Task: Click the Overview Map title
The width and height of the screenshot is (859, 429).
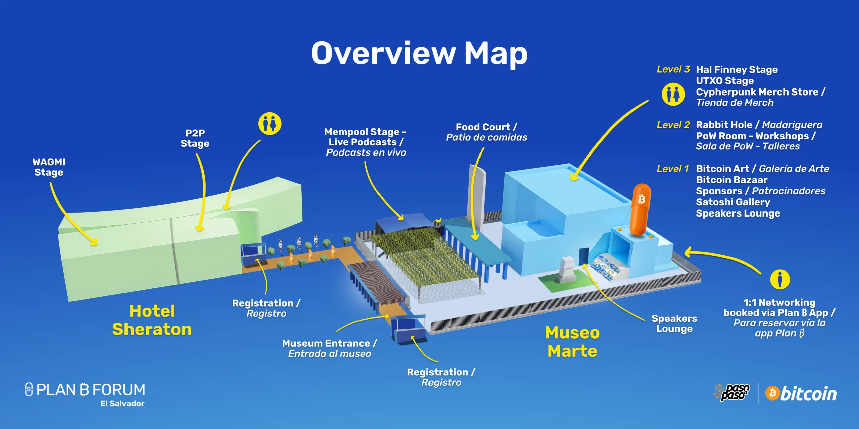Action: click(x=419, y=54)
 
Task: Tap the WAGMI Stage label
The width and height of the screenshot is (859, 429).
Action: click(x=49, y=167)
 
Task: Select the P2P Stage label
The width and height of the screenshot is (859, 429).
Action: click(x=195, y=138)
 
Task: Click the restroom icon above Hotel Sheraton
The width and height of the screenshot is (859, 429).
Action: click(x=270, y=124)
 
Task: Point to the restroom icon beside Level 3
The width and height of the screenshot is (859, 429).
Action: click(x=673, y=95)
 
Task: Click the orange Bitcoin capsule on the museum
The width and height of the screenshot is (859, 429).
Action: click(x=641, y=209)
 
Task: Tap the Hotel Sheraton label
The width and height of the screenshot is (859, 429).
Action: click(x=152, y=320)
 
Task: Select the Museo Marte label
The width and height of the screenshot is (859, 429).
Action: click(x=572, y=342)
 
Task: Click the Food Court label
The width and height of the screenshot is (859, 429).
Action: click(x=487, y=132)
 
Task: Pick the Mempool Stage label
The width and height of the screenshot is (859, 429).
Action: click(x=365, y=142)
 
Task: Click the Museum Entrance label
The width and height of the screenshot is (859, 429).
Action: click(x=330, y=348)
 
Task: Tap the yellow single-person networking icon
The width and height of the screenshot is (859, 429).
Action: click(x=780, y=279)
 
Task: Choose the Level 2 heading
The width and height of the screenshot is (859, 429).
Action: click(x=673, y=125)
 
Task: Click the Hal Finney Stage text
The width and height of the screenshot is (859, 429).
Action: click(x=737, y=70)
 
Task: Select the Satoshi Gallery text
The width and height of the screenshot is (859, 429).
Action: click(x=733, y=202)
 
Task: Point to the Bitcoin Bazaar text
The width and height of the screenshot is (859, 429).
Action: click(x=731, y=180)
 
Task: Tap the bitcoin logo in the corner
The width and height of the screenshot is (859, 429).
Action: click(x=801, y=393)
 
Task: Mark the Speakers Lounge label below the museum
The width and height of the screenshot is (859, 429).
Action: click(x=674, y=323)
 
